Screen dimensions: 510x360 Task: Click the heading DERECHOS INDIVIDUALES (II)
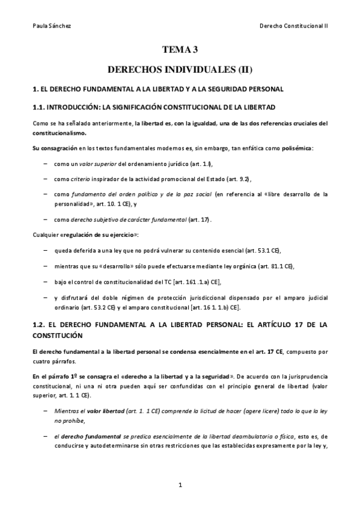coord(180,70)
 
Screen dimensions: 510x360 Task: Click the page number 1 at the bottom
coord(180,484)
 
